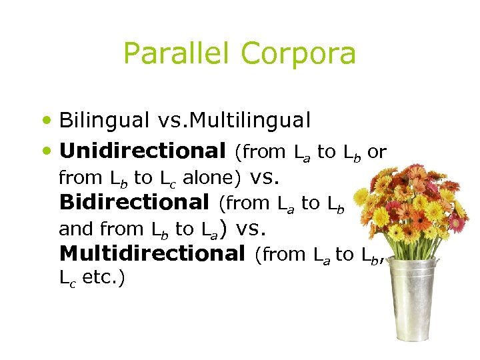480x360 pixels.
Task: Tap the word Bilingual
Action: (x=104, y=120)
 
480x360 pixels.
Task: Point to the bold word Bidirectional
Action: (x=135, y=202)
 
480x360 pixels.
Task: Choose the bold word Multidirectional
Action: (x=152, y=253)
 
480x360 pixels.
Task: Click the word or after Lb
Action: (x=377, y=152)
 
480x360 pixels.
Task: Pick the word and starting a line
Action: (x=76, y=229)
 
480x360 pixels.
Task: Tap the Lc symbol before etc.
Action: (x=67, y=279)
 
